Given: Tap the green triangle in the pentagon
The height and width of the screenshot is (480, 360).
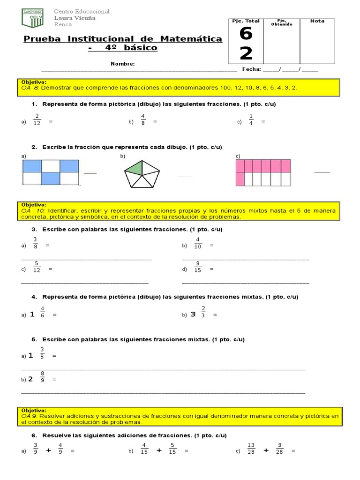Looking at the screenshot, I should (x=135, y=168).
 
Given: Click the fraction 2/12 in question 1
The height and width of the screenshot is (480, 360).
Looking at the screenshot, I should (x=37, y=120).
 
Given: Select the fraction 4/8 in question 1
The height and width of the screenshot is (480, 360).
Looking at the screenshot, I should (x=143, y=120).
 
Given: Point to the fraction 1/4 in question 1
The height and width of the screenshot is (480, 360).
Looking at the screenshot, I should (x=251, y=120).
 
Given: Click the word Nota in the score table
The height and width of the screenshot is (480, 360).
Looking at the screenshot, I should (x=317, y=21).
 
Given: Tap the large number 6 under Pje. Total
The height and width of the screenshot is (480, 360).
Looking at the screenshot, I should (x=246, y=35).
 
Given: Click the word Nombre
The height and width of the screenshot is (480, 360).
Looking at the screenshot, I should (x=123, y=64).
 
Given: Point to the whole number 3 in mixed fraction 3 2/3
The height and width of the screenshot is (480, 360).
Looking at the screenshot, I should (x=193, y=315).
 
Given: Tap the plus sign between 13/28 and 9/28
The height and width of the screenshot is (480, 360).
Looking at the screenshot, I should (x=266, y=450).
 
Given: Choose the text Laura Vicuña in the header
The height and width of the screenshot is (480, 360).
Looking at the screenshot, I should (x=75, y=18).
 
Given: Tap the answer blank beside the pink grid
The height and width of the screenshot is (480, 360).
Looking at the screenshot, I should (x=322, y=172).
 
